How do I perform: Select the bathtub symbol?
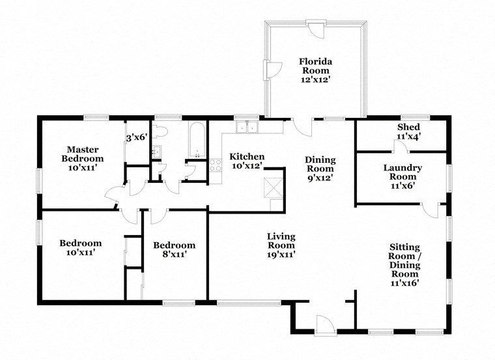click(x=197, y=139)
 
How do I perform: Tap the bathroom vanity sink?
click(x=156, y=152)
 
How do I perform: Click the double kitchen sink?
click(x=247, y=127)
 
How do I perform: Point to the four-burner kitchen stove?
click(x=216, y=165)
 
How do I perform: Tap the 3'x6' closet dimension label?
click(x=137, y=137)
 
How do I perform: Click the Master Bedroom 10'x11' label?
click(x=83, y=158)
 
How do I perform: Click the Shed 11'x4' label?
click(x=408, y=132)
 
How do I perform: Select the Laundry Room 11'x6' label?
click(x=402, y=176)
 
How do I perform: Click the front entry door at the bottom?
click(x=324, y=324)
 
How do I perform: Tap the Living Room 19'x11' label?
click(x=281, y=245)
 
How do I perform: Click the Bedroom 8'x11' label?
click(x=174, y=250)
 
